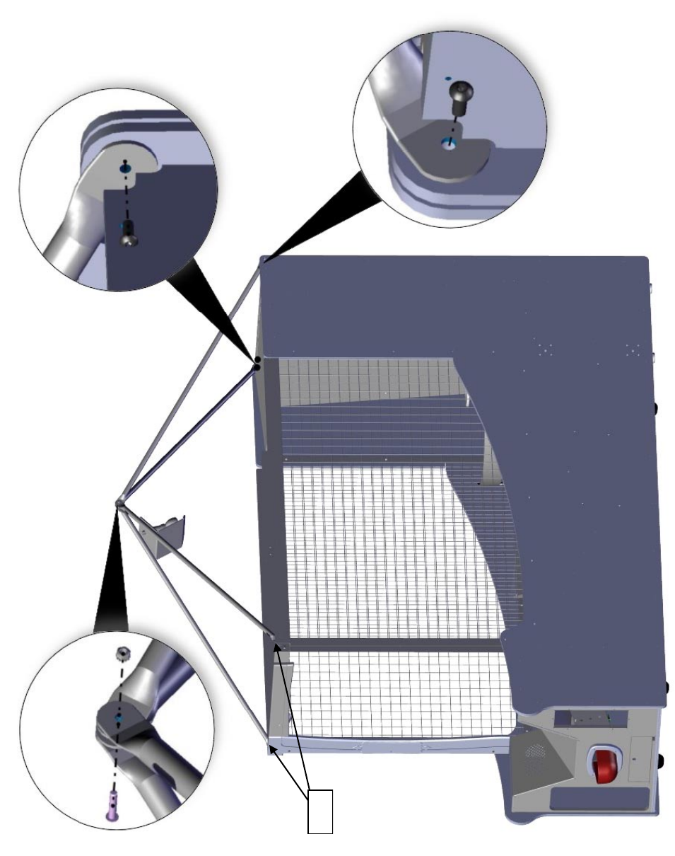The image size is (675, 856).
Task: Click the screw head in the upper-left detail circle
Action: coord(128,236)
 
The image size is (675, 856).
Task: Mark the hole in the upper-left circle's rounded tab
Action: coord(125,166)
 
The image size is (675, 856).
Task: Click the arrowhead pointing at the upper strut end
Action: coord(277,639)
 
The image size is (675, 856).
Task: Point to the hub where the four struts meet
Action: coord(118,503)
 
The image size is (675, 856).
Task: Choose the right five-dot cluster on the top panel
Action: coord(633,349)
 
